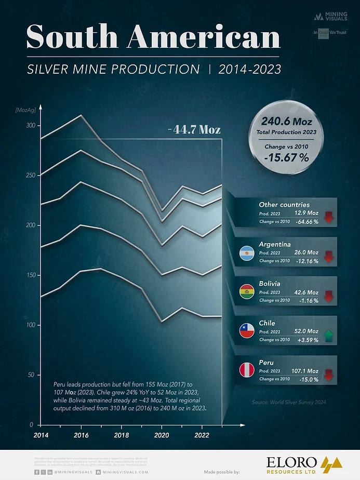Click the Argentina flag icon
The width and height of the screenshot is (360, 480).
pos(246,252)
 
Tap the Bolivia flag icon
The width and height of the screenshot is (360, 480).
pos(246,292)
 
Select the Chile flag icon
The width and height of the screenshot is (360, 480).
pos(246,331)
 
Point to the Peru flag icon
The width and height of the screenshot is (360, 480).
pos(246,370)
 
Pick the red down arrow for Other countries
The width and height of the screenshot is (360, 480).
pos(328,217)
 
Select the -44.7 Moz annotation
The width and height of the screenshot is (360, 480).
pos(194,129)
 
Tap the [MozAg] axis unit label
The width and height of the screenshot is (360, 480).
pos(25,110)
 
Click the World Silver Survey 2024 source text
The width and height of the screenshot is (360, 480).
pos(292,402)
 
